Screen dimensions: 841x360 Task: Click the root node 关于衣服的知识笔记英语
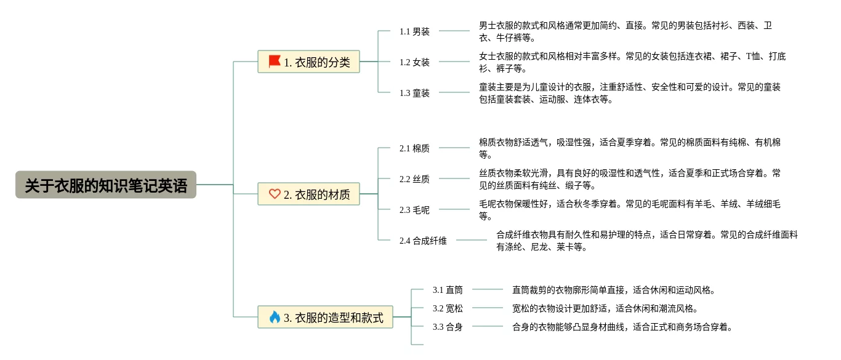click(x=106, y=185)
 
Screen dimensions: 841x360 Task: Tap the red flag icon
click(x=275, y=61)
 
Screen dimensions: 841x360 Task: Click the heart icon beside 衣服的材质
click(x=275, y=194)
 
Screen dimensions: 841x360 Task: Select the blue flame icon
click(x=275, y=317)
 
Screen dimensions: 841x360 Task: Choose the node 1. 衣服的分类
click(x=308, y=62)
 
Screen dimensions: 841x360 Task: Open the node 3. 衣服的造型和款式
click(x=325, y=317)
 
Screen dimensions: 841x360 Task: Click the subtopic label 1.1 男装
click(x=414, y=31)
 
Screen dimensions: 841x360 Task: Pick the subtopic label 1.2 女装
click(x=414, y=62)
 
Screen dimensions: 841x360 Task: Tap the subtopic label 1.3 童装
click(x=414, y=93)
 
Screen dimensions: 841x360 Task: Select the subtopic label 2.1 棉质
click(x=414, y=149)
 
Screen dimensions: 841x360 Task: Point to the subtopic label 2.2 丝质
click(x=414, y=180)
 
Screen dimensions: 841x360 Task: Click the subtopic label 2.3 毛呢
click(x=414, y=210)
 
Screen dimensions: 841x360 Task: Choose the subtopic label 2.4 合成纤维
click(x=423, y=241)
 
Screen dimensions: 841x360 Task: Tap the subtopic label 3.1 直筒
click(x=448, y=290)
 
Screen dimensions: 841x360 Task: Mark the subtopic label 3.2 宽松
click(x=448, y=308)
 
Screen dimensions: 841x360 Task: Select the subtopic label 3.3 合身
click(x=448, y=327)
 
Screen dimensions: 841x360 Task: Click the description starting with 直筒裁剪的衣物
click(x=614, y=290)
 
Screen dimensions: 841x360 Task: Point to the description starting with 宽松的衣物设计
click(x=606, y=308)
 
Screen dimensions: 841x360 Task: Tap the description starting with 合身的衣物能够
click(x=623, y=327)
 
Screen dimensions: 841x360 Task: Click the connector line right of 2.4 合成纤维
click(x=471, y=240)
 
